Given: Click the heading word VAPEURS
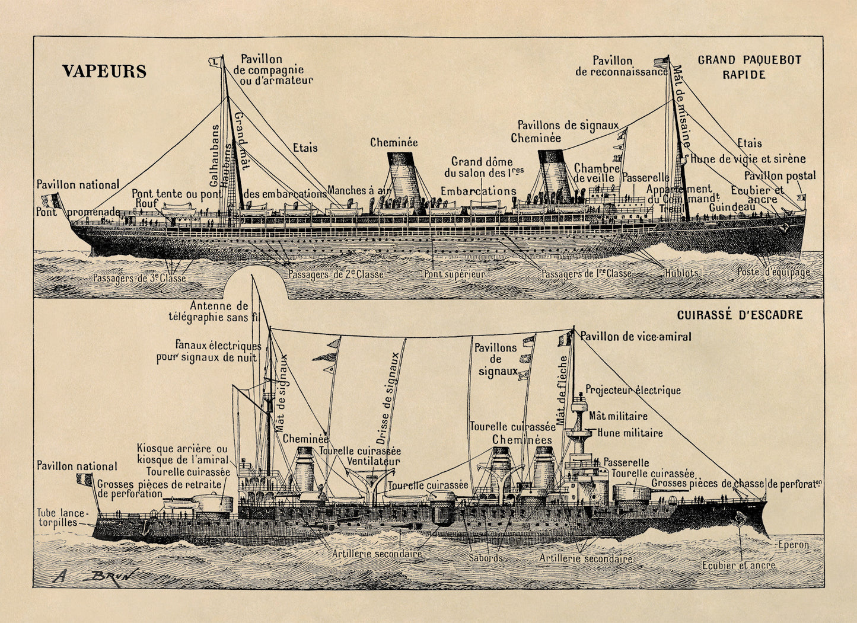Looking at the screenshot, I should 104,72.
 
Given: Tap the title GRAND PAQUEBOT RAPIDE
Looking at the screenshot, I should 749,67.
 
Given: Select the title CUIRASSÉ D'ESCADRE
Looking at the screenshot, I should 740,315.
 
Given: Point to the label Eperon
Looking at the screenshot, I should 793,544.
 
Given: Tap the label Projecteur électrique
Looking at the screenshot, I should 633,390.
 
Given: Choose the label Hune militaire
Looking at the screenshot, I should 630,433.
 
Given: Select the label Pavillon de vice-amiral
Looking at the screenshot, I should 635,337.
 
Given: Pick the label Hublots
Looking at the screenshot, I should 681,273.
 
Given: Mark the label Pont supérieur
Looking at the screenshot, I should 454,274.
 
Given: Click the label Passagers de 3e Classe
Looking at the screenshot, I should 139,278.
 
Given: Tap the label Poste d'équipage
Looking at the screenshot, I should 773,273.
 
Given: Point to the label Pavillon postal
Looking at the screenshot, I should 779,175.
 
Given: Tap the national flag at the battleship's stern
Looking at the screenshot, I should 84,479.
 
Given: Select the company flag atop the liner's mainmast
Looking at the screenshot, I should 214,61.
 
